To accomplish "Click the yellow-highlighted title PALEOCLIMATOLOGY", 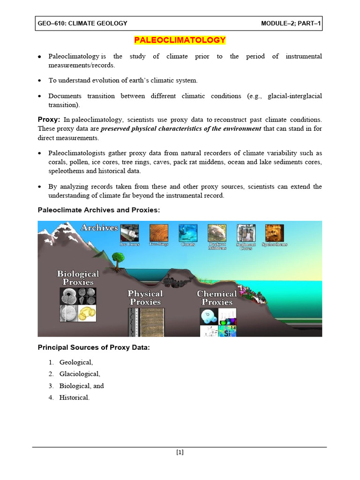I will point(180,40).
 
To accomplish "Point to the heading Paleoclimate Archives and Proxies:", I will point(98,210).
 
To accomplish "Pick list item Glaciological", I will point(79,374).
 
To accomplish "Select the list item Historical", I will point(74,397).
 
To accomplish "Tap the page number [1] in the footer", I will point(180,452).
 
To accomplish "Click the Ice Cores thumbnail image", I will point(129,232).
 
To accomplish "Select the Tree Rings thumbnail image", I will point(158,232).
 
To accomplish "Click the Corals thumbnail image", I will point(188,232).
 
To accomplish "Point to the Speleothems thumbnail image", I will point(274,232).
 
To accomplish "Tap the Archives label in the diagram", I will point(99,228).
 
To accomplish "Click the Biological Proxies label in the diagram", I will point(78,278).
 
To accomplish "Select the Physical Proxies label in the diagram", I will point(145,298).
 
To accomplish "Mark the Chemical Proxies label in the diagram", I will point(217,298).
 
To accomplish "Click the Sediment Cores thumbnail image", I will point(246,232).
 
